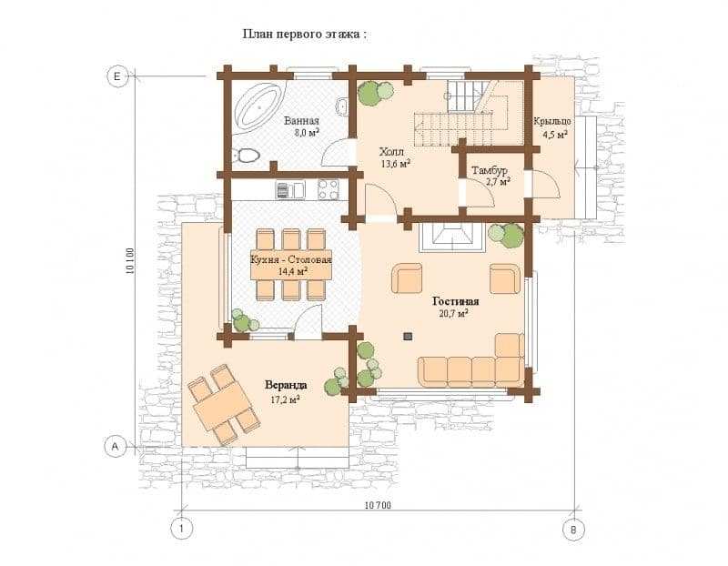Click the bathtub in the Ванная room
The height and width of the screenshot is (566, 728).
(x=259, y=107)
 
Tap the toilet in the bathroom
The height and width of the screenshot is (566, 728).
(x=246, y=155)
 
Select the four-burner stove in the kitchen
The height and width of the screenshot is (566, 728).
(x=328, y=189)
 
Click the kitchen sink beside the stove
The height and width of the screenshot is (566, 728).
(x=290, y=190)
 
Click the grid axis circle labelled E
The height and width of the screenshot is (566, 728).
(x=117, y=76)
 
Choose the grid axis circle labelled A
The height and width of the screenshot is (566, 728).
(x=115, y=447)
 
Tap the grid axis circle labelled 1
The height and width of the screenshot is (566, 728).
(x=181, y=529)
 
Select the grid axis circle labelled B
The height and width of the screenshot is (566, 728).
(x=574, y=530)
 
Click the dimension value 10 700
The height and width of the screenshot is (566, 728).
(x=378, y=505)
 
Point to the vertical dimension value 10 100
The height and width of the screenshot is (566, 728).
(x=129, y=261)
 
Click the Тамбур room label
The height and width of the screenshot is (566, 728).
(x=490, y=170)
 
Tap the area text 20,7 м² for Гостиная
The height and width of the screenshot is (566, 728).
(x=453, y=313)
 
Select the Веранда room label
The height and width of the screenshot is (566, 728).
(x=286, y=385)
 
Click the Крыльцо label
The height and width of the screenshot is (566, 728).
(x=552, y=121)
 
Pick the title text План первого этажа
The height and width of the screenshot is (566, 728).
(x=305, y=35)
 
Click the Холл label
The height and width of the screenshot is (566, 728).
(x=391, y=152)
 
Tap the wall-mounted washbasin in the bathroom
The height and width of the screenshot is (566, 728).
(x=342, y=106)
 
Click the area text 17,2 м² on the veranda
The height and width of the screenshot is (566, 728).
(x=285, y=399)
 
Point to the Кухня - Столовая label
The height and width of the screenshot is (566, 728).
(x=291, y=259)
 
